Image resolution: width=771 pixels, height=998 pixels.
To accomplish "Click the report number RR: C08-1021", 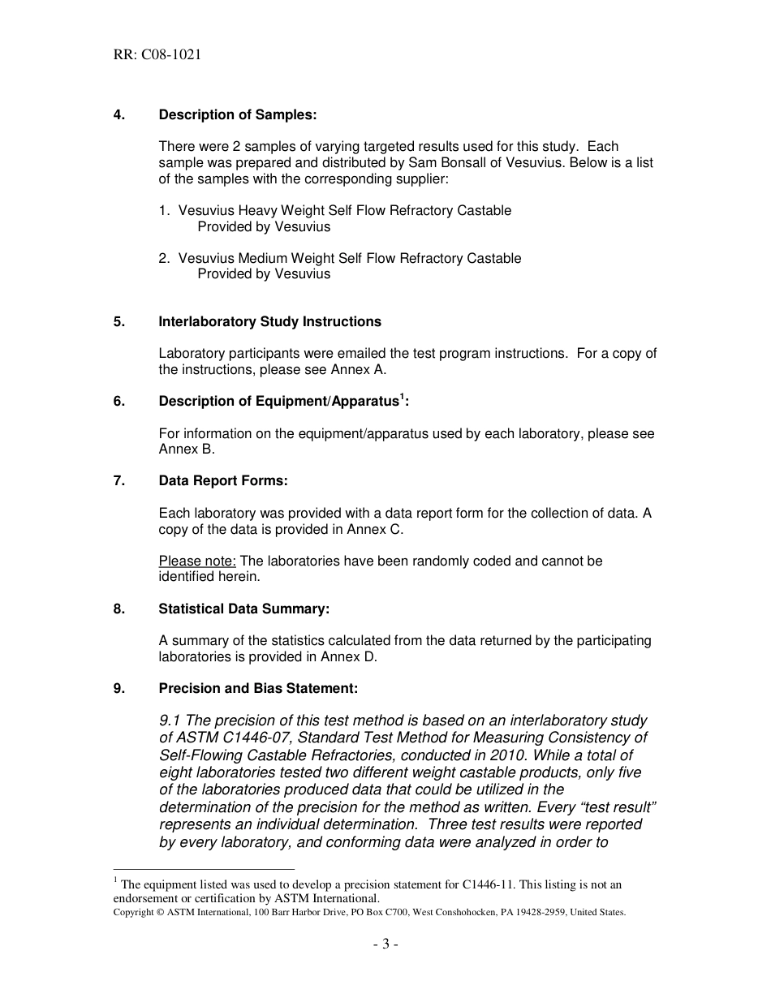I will (157, 55).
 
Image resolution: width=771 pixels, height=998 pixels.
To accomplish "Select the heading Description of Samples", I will (237, 115).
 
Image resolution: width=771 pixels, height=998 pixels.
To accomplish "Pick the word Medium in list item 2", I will (265, 259).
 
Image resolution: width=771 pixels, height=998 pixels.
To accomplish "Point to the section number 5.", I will (118, 322).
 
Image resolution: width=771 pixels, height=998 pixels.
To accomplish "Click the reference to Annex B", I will (186, 450).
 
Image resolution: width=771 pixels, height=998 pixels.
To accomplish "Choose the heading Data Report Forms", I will (222, 481).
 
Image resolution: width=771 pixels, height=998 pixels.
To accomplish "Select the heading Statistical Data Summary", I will (243, 609).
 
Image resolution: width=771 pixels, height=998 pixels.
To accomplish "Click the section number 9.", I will (118, 689).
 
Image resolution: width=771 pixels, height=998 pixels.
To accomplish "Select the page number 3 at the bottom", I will (385, 944).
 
